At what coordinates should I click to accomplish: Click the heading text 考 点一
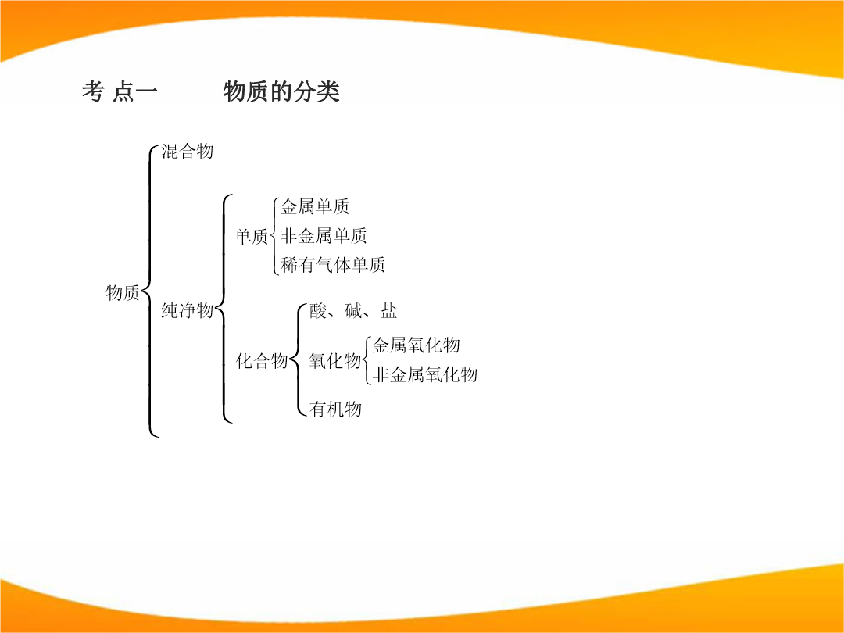pos(120,91)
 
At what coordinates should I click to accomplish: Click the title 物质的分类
pos(281,91)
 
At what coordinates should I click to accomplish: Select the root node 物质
pos(123,293)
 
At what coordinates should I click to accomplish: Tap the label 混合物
pos(188,152)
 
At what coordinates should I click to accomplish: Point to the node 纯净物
pos(188,310)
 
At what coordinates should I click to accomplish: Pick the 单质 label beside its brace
pos(252,236)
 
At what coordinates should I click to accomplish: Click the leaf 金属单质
pos(315,206)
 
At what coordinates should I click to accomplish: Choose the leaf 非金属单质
pos(324,235)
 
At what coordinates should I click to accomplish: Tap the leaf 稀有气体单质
pos(333,264)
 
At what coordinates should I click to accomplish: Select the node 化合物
pos(262,360)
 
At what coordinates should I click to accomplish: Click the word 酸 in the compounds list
pos(318,310)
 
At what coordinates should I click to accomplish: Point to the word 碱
pos(354,310)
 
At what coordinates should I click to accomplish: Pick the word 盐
pos(388,310)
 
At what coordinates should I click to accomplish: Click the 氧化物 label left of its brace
pos(334,360)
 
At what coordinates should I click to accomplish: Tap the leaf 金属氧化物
pos(416,345)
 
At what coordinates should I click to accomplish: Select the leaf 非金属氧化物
pos(424,374)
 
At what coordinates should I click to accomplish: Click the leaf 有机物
pos(335,409)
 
